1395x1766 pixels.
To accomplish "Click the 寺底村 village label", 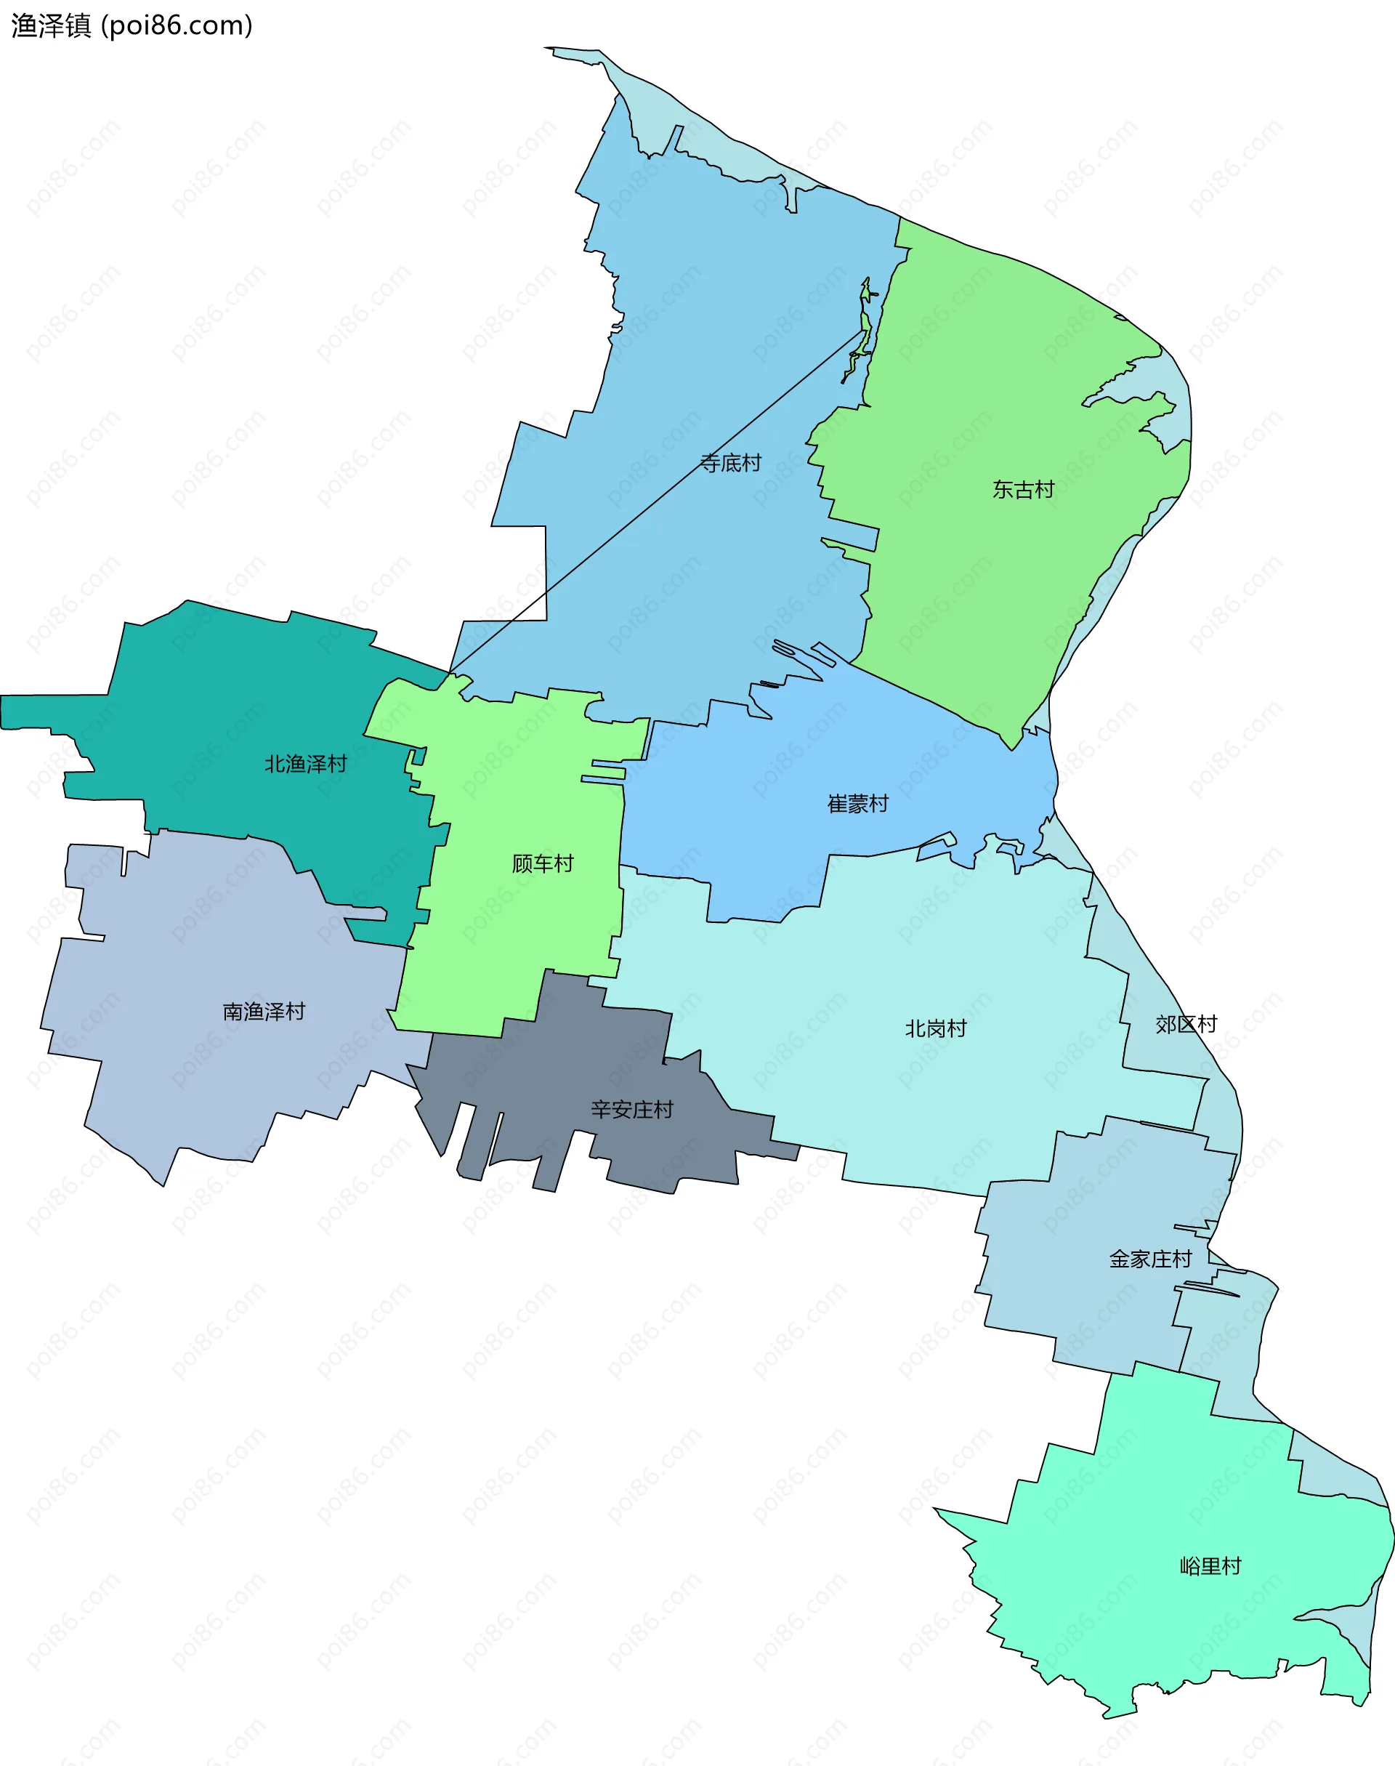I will pos(730,463).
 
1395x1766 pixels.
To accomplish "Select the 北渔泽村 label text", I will pos(305,764).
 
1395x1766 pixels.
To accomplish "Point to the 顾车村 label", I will pos(542,863).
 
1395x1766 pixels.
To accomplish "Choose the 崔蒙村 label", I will pos(857,804).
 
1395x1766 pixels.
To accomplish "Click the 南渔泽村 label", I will pos(264,1011).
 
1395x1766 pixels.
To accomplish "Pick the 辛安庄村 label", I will pos(631,1109).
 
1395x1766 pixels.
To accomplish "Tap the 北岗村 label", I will pos(935,1028).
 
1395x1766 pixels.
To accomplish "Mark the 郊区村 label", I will pos(1186,1024).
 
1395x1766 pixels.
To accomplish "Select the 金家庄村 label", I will pos(1150,1259).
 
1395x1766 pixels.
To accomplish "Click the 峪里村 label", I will pos(1210,1566).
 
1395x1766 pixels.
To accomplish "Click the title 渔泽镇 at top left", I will pos(51,26).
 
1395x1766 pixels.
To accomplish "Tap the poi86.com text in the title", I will pos(177,26).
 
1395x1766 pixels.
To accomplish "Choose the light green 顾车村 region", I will pos(522,940).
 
